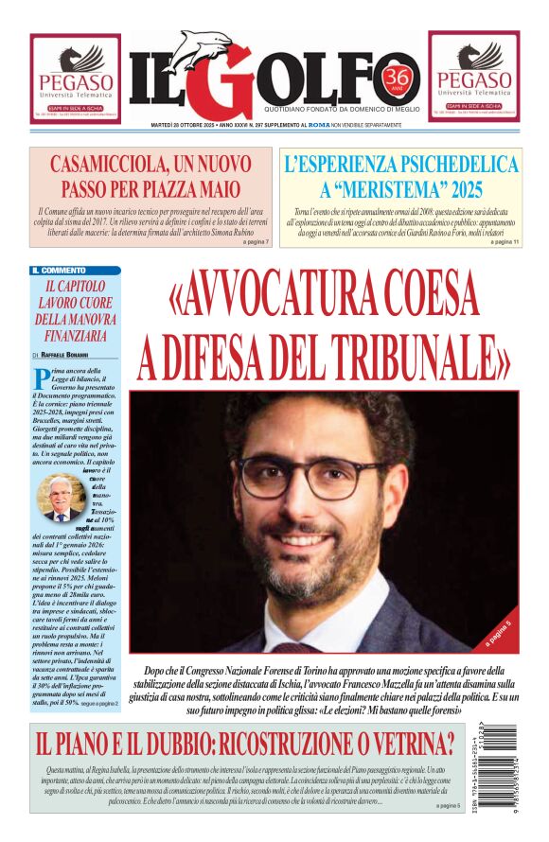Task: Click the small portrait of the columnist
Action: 62,498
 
